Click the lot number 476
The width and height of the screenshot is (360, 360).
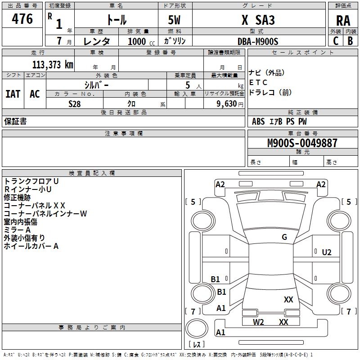tap(23, 19)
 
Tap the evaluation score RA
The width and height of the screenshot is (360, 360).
tap(343, 21)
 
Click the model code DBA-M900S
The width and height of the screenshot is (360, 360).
tap(258, 41)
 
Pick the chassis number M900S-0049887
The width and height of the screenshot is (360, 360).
tap(302, 143)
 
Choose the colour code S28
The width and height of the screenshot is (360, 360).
tap(75, 104)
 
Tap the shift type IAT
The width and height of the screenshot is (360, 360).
tap(13, 94)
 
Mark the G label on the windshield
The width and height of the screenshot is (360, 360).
tap(284, 237)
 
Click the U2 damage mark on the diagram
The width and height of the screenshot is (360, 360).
tap(327, 252)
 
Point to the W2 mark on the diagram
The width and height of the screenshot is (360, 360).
tap(258, 322)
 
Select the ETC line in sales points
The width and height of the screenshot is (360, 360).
tap(258, 82)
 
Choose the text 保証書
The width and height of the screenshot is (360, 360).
tap(15, 121)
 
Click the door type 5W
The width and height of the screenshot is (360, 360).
tap(175, 20)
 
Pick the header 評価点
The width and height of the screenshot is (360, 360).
tap(343, 6)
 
